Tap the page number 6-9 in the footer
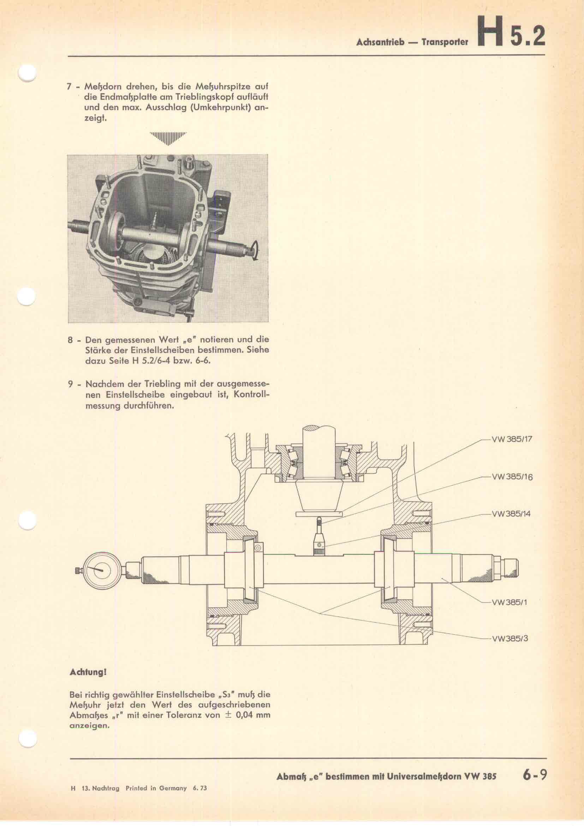[x=535, y=773]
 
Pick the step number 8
[x=70, y=340]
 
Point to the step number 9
[x=70, y=384]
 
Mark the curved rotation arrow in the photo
[x=254, y=250]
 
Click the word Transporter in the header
[x=445, y=42]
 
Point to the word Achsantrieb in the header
[x=378, y=42]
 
